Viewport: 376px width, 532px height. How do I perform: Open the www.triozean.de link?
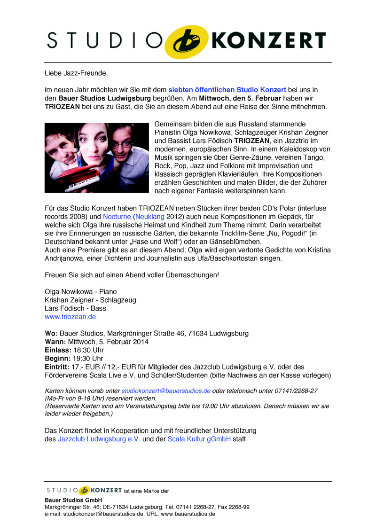tap(70, 317)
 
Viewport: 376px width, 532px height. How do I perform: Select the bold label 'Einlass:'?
tap(58, 350)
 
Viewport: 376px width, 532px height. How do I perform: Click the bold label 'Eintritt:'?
tap(57, 367)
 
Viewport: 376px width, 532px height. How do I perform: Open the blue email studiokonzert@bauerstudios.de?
tap(166, 391)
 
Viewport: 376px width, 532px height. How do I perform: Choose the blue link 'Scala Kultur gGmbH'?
tap(199, 439)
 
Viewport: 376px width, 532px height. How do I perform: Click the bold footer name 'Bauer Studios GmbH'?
tap(73, 500)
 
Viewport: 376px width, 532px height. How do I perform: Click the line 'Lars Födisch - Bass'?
tap(75, 308)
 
